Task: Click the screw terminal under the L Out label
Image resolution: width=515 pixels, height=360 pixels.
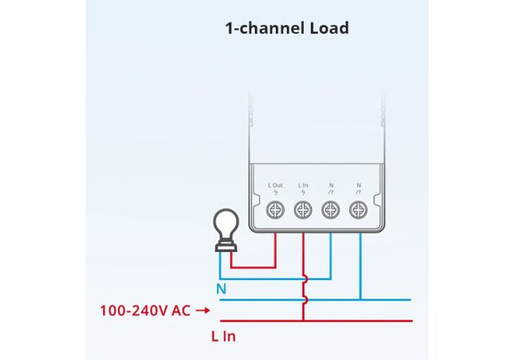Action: tap(275, 210)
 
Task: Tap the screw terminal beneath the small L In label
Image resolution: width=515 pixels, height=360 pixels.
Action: tap(303, 210)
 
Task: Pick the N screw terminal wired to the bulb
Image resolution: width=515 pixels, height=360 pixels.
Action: tap(330, 210)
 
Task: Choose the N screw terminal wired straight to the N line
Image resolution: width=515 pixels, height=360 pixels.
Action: tap(358, 210)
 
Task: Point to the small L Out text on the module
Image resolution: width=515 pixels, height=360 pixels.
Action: tap(275, 186)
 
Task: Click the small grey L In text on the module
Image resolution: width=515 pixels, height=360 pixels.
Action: tap(303, 186)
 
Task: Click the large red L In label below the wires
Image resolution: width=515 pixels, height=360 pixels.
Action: tap(223, 336)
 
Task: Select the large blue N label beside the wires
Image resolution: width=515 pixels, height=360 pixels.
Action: tap(221, 289)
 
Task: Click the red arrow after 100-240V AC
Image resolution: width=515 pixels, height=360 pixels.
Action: tap(202, 311)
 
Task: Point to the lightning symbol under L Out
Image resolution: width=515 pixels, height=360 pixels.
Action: tap(275, 193)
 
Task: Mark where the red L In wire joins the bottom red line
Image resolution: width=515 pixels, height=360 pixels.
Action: tap(303, 320)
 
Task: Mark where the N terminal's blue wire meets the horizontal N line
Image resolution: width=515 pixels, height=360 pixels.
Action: tap(358, 300)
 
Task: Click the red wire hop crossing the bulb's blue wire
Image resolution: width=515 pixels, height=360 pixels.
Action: tap(304, 279)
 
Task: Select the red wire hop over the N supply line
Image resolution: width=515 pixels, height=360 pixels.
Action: tap(304, 300)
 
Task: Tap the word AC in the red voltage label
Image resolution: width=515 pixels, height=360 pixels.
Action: tap(181, 311)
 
